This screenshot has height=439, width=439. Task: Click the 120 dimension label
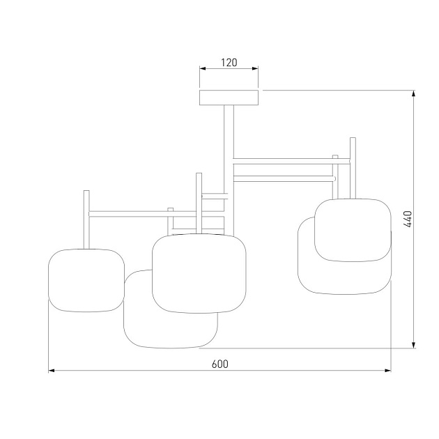point(229,63)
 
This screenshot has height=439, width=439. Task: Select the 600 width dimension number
point(219,364)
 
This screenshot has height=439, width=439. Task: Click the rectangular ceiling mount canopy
point(229,98)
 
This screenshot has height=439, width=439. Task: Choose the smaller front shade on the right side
point(352,230)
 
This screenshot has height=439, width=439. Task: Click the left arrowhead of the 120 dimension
point(203,69)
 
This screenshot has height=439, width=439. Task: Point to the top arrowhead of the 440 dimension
point(415,93)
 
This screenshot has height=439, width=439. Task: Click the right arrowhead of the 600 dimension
point(388,371)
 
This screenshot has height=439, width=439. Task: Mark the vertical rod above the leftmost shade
point(86,218)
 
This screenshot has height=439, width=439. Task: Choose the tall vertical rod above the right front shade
point(353,167)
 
